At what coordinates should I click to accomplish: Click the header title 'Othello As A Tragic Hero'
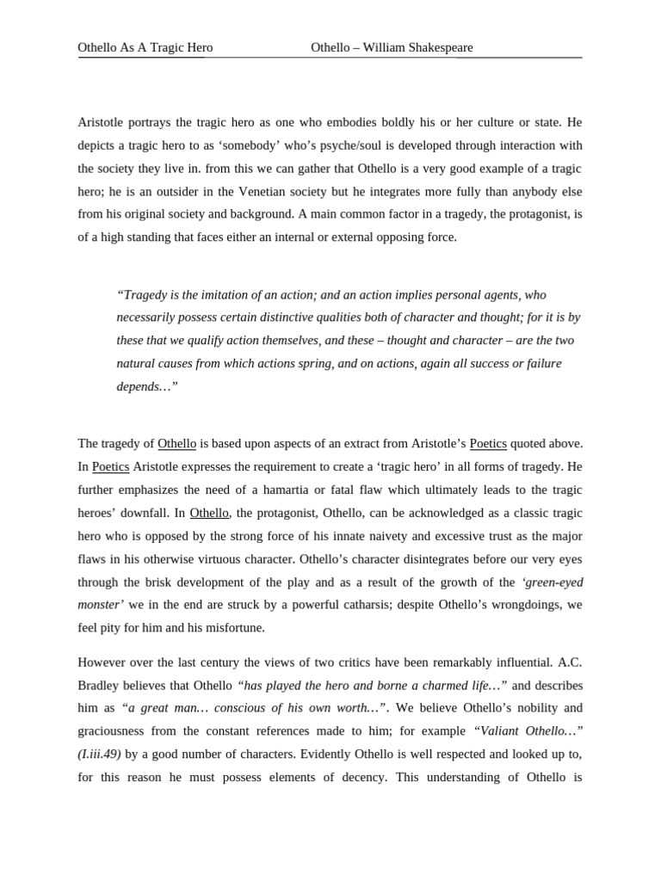point(145,47)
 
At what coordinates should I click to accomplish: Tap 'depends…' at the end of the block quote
point(146,386)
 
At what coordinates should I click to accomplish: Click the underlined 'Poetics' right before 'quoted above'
point(488,444)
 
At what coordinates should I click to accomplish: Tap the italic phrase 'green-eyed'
point(553,582)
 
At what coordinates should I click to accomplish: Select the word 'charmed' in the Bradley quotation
point(431,686)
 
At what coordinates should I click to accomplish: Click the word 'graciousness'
point(113,731)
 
